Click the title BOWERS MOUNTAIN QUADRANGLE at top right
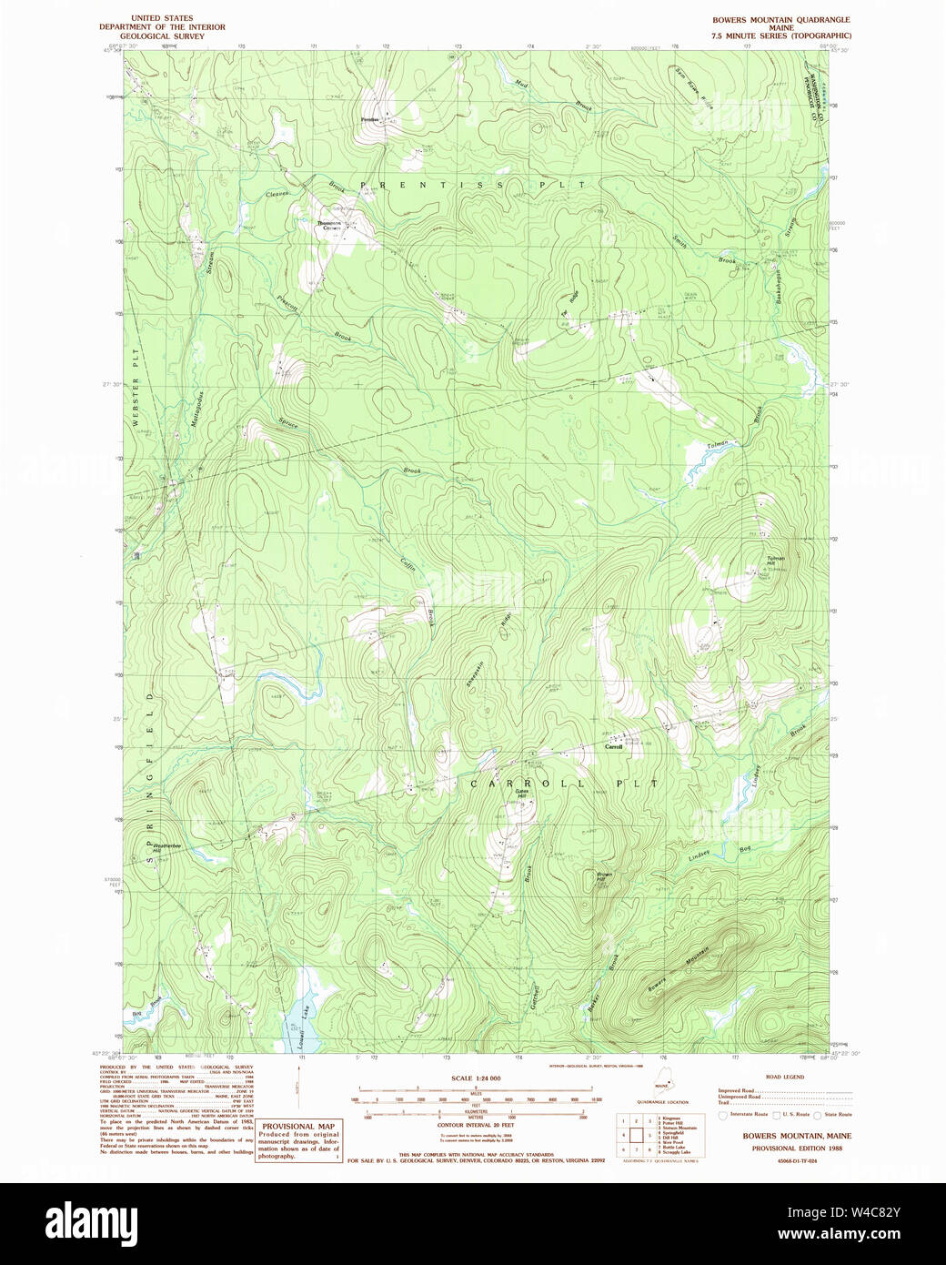coord(782,19)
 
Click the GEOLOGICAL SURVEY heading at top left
coord(162,35)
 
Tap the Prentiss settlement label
coord(368,120)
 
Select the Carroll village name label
coord(613,747)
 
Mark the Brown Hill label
coord(605,877)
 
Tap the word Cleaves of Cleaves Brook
coord(277,194)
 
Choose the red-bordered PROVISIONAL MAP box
coord(298,1140)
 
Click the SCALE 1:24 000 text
coord(475,1078)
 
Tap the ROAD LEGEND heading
coord(784,1077)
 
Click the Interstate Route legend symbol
coord(723,1115)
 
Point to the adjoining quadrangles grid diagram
coord(635,1135)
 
